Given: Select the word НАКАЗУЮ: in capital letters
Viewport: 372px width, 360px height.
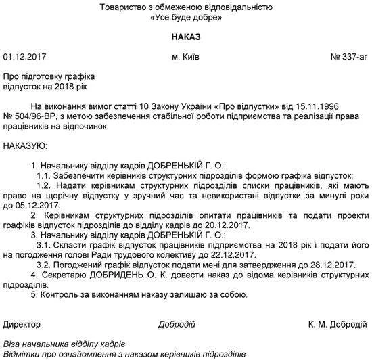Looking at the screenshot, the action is [x=25, y=145].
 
